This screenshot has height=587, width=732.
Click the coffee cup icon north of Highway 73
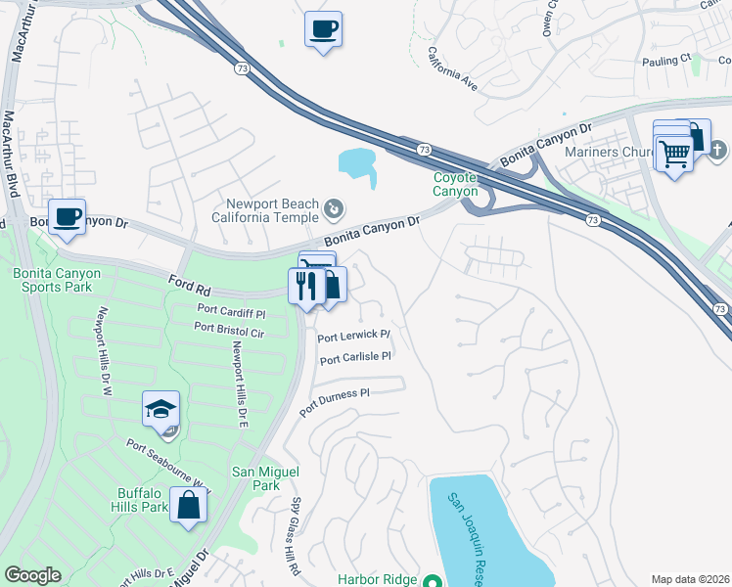322,28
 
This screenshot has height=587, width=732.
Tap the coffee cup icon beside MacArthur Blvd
67,216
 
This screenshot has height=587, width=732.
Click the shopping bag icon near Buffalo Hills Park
189,506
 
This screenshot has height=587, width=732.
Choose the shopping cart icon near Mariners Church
674,153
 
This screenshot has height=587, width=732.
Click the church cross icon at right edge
716,150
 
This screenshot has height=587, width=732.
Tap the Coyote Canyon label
455,184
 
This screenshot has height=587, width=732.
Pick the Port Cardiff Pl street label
231,314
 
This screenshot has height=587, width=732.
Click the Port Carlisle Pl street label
355,358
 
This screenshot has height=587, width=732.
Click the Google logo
33,575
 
